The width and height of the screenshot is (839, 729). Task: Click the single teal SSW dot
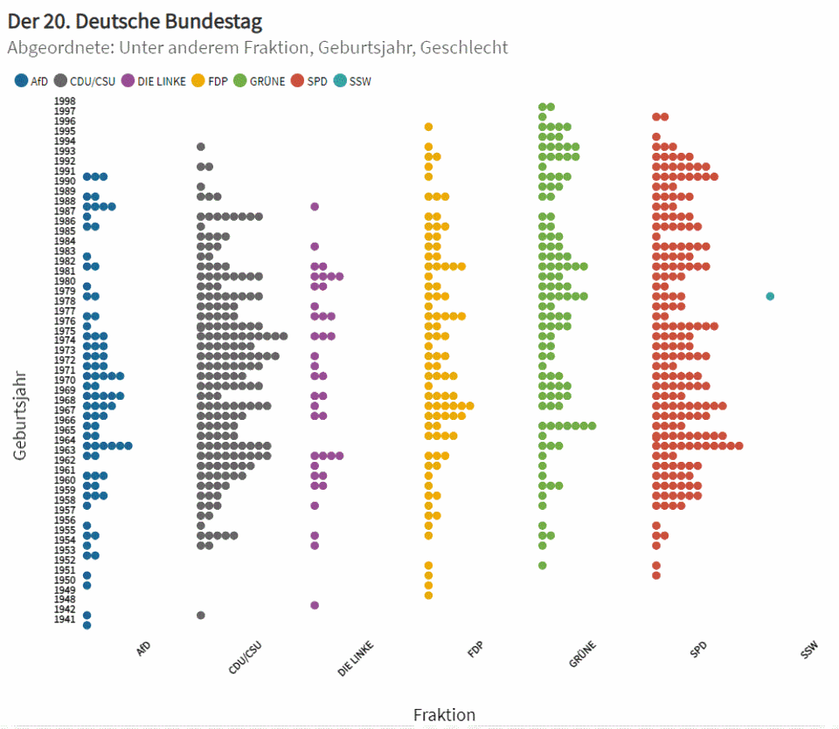[770, 296]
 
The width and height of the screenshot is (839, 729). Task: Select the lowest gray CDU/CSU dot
[201, 615]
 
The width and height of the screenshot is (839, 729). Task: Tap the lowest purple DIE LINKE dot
[315, 605]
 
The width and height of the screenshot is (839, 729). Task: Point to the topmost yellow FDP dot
[428, 127]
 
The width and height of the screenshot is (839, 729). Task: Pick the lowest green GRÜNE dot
[542, 565]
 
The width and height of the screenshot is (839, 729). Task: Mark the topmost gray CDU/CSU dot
[201, 147]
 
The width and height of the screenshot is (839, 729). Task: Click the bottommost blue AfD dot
[87, 625]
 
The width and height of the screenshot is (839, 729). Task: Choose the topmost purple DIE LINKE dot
[315, 207]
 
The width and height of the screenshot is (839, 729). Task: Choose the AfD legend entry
[31, 81]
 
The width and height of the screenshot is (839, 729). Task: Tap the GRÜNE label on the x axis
[583, 654]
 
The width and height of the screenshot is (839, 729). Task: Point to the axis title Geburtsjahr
[21, 415]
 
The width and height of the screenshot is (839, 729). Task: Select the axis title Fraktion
[444, 715]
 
